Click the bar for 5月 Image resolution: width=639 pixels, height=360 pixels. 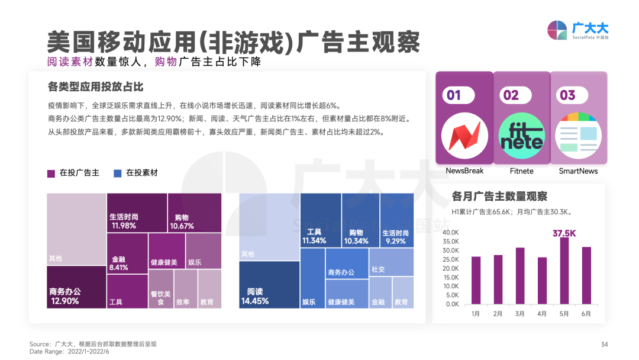coord(564,271)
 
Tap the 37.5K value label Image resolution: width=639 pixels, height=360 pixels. coord(564,233)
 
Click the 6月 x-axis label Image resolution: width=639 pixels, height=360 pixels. coord(586,314)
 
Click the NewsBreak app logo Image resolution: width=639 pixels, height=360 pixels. coord(464,134)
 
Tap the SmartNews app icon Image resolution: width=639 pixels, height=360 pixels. coord(578,135)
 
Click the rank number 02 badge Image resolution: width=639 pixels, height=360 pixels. coord(511,95)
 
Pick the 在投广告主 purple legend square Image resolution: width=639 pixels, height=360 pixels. coord(51,173)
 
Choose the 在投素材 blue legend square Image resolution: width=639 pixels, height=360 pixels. coord(117,173)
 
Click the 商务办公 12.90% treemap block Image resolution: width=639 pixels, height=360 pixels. coord(76,287)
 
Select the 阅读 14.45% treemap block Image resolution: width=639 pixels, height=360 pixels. coord(269,284)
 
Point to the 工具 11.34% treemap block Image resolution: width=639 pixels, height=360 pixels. coord(320,220)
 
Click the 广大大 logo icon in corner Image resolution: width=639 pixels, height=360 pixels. coord(557,30)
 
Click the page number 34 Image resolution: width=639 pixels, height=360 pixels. coord(604,345)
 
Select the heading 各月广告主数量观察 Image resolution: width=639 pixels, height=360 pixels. coord(499,196)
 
